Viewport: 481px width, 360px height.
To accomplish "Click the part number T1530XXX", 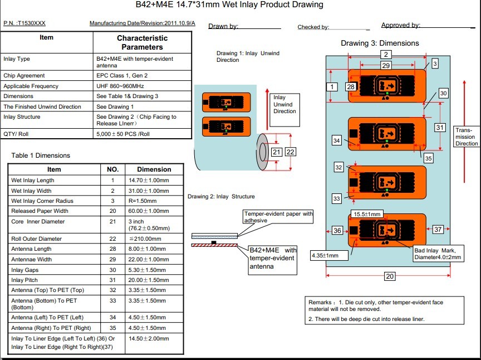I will coord(32,23).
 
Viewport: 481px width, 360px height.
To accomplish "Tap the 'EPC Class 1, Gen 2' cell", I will coord(122,75).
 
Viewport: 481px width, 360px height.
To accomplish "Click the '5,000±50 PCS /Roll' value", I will coord(123,134).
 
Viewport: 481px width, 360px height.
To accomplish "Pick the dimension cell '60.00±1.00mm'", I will coord(148,211).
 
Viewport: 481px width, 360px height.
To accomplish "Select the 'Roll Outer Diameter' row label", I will coord(37,239).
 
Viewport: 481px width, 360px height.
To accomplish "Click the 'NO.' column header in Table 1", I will coord(112,169).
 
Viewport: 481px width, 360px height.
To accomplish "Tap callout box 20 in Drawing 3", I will coord(390,276).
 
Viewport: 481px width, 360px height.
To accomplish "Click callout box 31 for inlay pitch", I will coord(440,128).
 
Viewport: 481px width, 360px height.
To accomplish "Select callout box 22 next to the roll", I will coord(290,152).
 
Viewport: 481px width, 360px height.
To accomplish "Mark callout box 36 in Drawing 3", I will coord(337,230).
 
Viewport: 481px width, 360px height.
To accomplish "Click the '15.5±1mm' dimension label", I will coord(368,214).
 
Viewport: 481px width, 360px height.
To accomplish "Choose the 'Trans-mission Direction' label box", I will coord(465,137).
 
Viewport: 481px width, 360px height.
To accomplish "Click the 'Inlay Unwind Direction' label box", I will coord(284,104).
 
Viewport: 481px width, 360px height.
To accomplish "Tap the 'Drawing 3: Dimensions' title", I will coord(380,43).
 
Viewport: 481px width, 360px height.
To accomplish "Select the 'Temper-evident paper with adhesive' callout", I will coord(279,217).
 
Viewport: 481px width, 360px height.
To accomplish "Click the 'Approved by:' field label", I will coord(400,25).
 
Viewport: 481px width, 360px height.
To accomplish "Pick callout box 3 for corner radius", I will coord(435,64).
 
